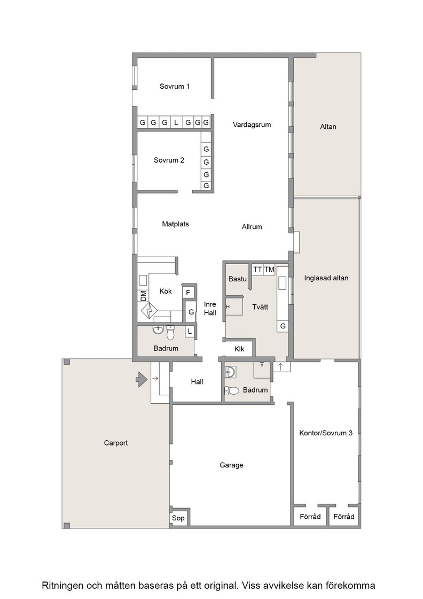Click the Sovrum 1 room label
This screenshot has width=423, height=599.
[174, 86]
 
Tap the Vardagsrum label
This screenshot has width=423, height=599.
[252, 125]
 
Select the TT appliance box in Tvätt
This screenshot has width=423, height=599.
[257, 270]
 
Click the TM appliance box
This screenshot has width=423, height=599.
[269, 270]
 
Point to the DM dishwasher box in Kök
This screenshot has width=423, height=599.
[143, 296]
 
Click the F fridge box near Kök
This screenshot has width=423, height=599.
[188, 292]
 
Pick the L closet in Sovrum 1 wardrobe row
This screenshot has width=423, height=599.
[176, 122]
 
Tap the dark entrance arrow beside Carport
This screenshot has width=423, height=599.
[142, 379]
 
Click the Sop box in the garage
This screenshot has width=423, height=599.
[178, 518]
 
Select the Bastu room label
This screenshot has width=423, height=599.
[237, 279]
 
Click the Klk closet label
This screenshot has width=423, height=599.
[239, 349]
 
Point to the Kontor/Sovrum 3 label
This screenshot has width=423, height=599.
[326, 433]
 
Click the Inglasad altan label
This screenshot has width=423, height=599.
[326, 278]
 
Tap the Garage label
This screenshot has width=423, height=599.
[231, 465]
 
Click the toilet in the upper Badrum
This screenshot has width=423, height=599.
[170, 333]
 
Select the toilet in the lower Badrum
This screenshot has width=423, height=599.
[231, 390]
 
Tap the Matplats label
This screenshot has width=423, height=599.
[176, 224]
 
